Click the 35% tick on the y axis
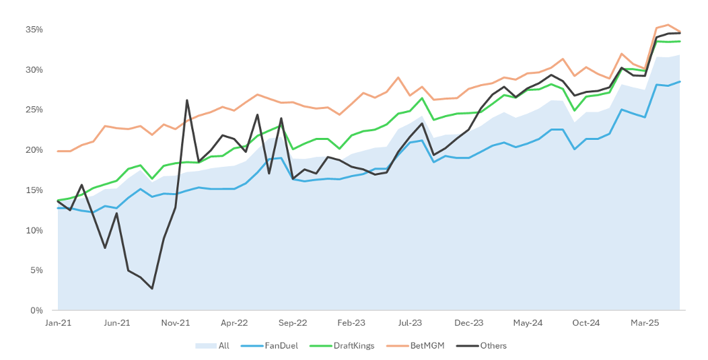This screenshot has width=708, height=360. [x=34, y=30]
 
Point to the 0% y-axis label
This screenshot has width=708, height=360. [x=36, y=311]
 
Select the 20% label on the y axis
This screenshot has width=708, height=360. [x=34, y=150]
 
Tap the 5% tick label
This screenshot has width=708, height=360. [x=36, y=271]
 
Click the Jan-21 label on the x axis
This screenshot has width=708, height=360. [x=58, y=323]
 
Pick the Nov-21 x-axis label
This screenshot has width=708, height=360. [x=176, y=323]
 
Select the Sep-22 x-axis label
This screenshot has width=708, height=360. [x=293, y=323]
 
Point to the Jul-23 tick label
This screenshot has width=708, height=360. [x=410, y=323]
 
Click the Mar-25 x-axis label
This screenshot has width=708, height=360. [x=645, y=323]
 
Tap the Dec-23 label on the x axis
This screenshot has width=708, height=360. [x=469, y=323]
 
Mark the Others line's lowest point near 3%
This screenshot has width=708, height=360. [x=152, y=289]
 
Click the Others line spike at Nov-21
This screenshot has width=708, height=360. [x=187, y=100]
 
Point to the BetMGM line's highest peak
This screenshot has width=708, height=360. [x=668, y=25]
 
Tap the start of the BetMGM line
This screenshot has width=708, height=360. [x=58, y=151]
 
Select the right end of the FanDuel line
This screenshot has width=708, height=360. [x=680, y=81]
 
